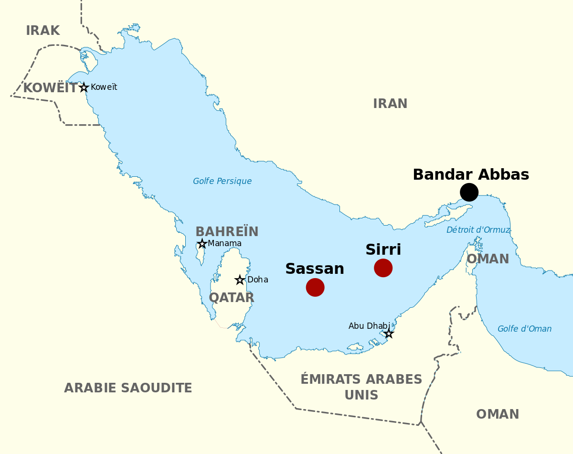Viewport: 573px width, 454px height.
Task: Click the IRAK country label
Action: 42,31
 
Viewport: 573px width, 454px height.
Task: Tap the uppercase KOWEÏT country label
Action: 50,88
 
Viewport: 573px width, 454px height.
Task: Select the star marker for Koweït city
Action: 84,87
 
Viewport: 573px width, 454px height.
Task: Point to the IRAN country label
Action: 390,104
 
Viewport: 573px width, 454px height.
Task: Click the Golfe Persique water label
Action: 222,181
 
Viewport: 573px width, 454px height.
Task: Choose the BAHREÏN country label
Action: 227,232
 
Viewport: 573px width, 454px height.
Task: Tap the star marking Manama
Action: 202,244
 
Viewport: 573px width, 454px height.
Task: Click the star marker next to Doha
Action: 240,280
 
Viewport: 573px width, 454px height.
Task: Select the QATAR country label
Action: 232,298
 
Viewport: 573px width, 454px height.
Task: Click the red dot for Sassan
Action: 315,287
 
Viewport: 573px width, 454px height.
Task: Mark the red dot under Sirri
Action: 383,268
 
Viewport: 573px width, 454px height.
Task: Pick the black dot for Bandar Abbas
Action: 469,192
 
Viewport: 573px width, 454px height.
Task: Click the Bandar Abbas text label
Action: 471,174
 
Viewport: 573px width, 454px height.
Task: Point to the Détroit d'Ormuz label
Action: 478,230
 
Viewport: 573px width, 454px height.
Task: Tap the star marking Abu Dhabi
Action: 389,333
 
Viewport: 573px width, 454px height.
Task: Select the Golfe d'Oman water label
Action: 524,329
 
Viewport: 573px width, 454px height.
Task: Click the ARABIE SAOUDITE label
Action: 128,388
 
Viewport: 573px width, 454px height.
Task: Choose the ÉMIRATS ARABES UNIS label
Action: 361,387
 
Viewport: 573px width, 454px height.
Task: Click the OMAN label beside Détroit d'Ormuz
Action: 488,259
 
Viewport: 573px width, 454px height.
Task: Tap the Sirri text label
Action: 383,250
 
